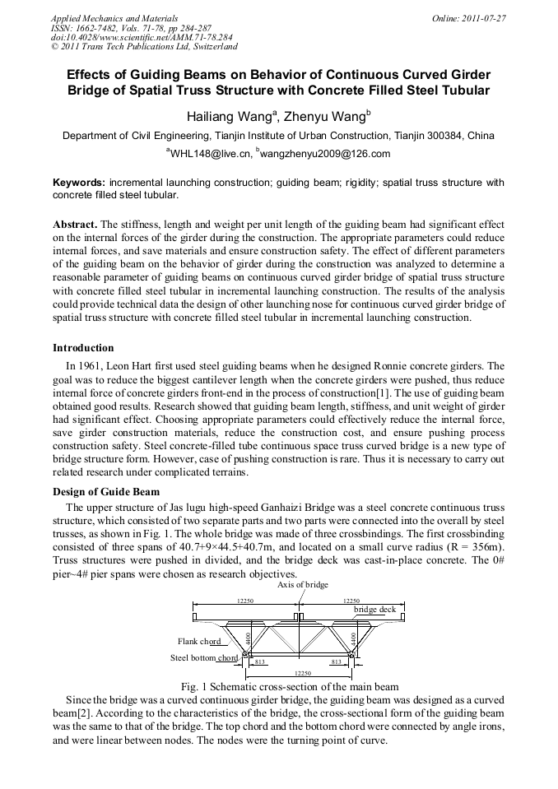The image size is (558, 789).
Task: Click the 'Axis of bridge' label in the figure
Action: (x=302, y=584)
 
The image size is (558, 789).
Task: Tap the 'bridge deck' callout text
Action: (x=374, y=610)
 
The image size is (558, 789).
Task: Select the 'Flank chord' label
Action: (x=199, y=641)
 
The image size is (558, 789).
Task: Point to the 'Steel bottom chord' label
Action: (x=204, y=657)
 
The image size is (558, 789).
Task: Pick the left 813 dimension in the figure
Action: (x=259, y=661)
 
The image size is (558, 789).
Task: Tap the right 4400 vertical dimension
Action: (x=353, y=638)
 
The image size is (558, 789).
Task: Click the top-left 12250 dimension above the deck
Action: (x=245, y=601)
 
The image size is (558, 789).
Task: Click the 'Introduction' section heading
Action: (x=83, y=348)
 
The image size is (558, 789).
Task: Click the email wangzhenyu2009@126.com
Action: (x=323, y=154)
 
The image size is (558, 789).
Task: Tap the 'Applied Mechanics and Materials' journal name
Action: (x=114, y=18)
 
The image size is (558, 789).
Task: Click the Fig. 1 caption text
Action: (x=278, y=686)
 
